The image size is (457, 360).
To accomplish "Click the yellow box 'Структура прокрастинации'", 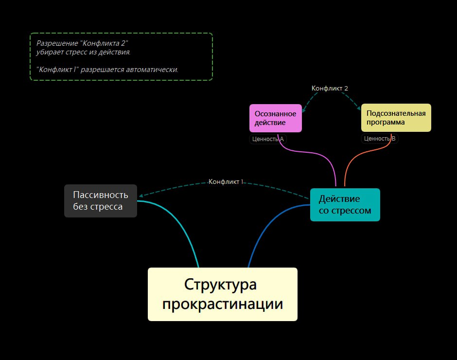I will (222, 294).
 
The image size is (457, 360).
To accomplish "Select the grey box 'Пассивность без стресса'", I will (101, 201).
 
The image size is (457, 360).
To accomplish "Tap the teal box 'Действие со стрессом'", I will (345, 205).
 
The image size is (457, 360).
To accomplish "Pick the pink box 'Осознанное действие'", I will (275, 118).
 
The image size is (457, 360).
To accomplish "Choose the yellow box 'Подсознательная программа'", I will (396, 118).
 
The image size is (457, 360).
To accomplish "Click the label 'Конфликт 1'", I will (226, 181).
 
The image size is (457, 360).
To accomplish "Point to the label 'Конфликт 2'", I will (330, 88).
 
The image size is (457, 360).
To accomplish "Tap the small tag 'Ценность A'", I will (268, 139).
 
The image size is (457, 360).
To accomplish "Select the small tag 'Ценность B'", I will (380, 139).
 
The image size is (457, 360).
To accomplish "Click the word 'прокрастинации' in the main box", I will (223, 304).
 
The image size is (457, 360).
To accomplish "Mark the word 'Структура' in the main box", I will (220, 284).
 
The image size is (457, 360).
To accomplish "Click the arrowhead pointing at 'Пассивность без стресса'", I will (141, 196).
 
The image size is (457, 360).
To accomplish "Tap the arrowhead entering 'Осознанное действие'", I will (303, 104).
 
